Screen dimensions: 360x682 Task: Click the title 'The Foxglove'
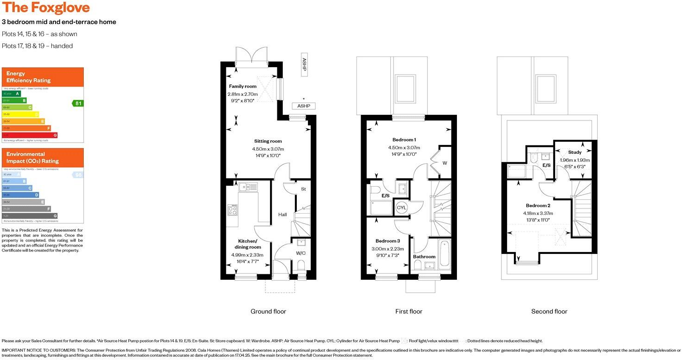click(46, 8)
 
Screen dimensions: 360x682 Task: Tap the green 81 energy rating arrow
click(78, 103)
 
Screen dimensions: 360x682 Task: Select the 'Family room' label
click(242, 86)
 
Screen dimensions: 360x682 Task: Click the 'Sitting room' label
click(268, 141)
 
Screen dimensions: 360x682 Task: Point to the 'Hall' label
click(282, 215)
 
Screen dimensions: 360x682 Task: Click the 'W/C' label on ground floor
click(301, 253)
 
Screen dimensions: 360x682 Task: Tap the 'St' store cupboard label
click(304, 189)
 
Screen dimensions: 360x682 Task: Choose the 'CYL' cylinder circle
click(401, 208)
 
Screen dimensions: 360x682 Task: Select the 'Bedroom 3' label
click(388, 241)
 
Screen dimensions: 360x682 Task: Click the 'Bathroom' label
click(424, 257)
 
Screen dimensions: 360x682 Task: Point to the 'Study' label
click(575, 152)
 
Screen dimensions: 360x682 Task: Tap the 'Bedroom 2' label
click(538, 206)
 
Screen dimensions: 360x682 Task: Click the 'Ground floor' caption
click(268, 311)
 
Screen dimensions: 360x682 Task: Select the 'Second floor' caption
click(549, 311)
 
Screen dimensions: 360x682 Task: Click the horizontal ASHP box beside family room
click(303, 106)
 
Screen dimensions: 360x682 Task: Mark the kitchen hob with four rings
click(232, 210)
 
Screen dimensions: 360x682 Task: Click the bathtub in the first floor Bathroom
click(444, 253)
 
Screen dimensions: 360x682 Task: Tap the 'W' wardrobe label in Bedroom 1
click(444, 163)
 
